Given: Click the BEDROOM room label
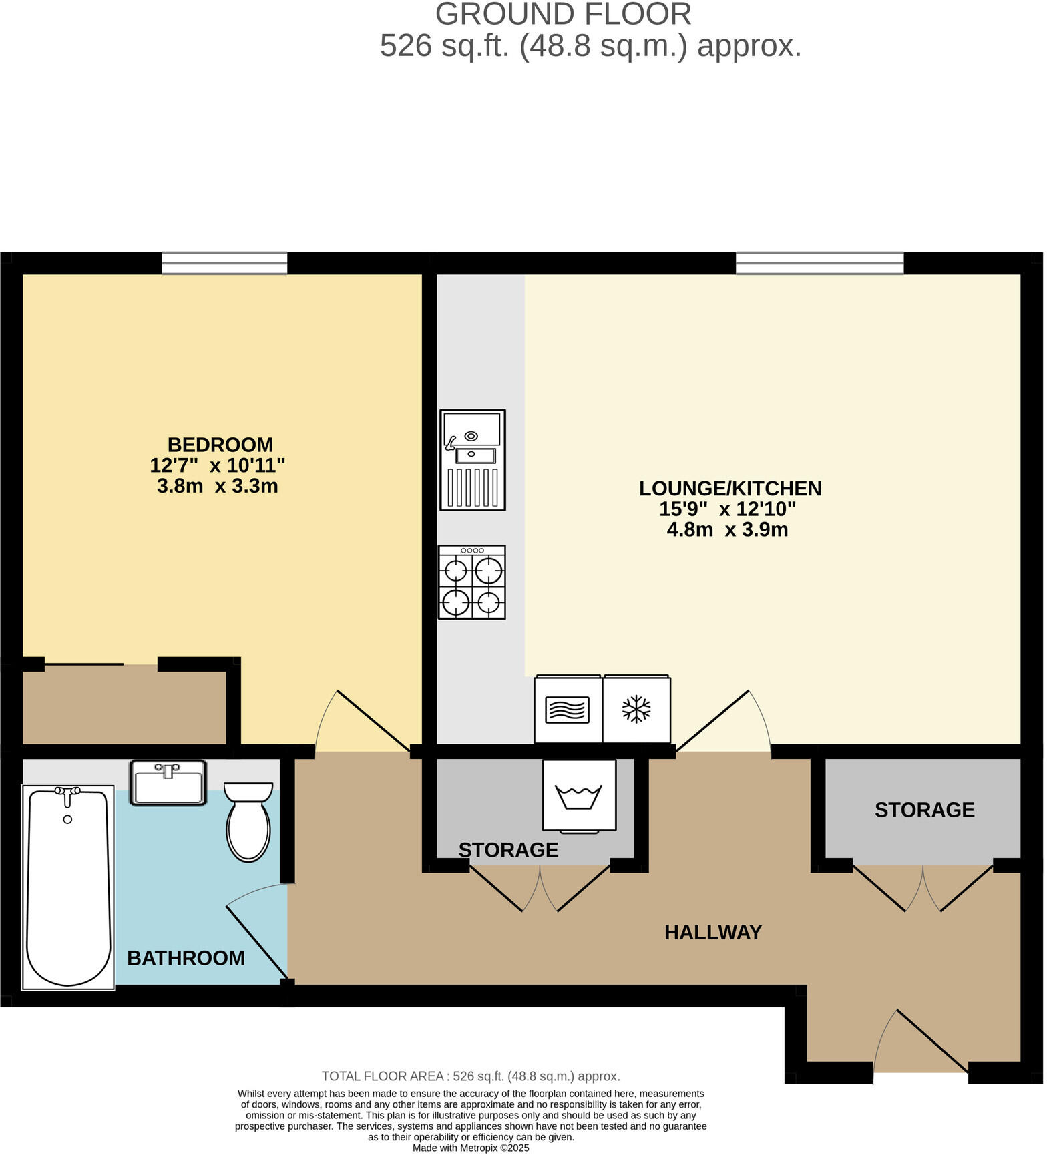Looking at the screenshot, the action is pos(220,445).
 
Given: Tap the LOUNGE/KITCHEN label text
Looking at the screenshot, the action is pos(731,489).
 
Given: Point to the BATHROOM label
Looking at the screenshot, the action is pos(186,959).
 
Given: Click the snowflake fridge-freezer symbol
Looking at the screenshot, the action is pos(637,710).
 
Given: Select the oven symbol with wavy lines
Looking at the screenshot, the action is pos(568,710).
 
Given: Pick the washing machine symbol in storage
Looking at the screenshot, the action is pos(580,796).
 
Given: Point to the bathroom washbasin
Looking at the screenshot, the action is pos(168,784).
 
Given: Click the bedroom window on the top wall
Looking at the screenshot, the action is pos(225,263).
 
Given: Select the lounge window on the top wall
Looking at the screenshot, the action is pos(821,263).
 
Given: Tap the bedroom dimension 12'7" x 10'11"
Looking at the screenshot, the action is pos(218,465).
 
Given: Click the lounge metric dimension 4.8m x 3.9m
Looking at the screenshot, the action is pos(728,531).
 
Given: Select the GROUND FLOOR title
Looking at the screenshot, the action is pos(564,15).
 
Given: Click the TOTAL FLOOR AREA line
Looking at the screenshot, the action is pos(471,1077).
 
